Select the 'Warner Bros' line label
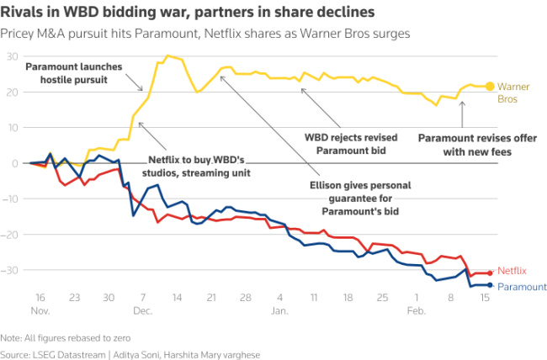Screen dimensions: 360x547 pos(513,93)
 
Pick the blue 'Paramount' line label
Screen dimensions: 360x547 pos(522,287)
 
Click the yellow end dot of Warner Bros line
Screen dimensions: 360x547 pos(490,86)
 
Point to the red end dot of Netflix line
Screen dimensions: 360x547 pos(490,273)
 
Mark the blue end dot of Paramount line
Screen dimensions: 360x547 pos(490,285)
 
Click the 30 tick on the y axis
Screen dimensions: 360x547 pos(13,56)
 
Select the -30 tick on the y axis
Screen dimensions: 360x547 pos(12,270)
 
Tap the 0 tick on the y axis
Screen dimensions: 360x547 pos(16,163)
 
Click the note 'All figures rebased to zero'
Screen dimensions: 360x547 pos(57,336)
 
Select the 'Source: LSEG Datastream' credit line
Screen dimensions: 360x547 pos(130,353)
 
